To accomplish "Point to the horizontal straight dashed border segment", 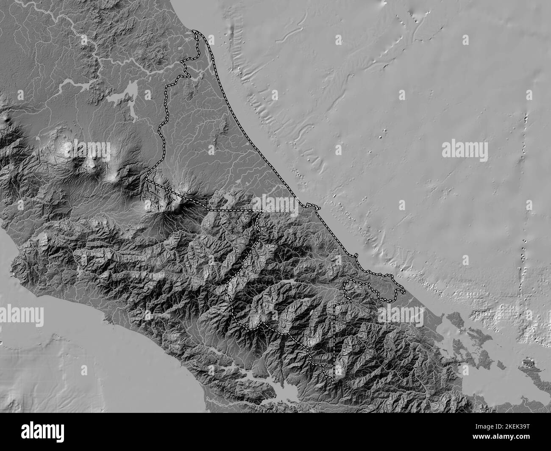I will [235, 210].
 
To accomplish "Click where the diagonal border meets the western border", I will [146, 179].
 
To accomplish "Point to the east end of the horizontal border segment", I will [263, 210].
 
